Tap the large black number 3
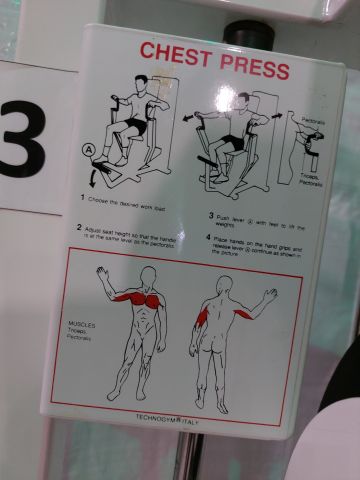pos(22,137)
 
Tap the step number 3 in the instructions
pos(211,215)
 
